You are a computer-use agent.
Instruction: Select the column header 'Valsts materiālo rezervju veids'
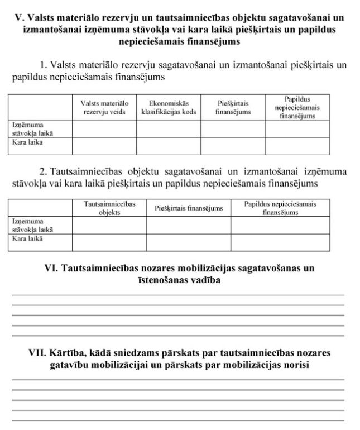pyautogui.click(x=104, y=107)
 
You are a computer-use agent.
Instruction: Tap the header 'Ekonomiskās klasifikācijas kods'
pyautogui.click(x=169, y=107)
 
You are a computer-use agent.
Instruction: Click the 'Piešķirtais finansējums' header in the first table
pyautogui.click(x=233, y=107)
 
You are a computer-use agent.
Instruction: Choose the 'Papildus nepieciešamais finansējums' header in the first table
pyautogui.click(x=297, y=107)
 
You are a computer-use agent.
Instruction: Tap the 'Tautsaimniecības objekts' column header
pyautogui.click(x=109, y=208)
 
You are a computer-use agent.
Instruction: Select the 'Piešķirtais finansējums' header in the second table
pyautogui.click(x=189, y=208)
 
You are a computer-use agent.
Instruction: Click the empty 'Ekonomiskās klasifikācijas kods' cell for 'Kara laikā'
pyautogui.click(x=169, y=146)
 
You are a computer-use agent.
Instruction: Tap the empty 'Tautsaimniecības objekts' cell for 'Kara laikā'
pyautogui.click(x=109, y=242)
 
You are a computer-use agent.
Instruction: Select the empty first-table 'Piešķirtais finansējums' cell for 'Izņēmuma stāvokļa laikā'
pyautogui.click(x=233, y=129)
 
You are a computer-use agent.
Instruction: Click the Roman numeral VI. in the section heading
pyautogui.click(x=51, y=269)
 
